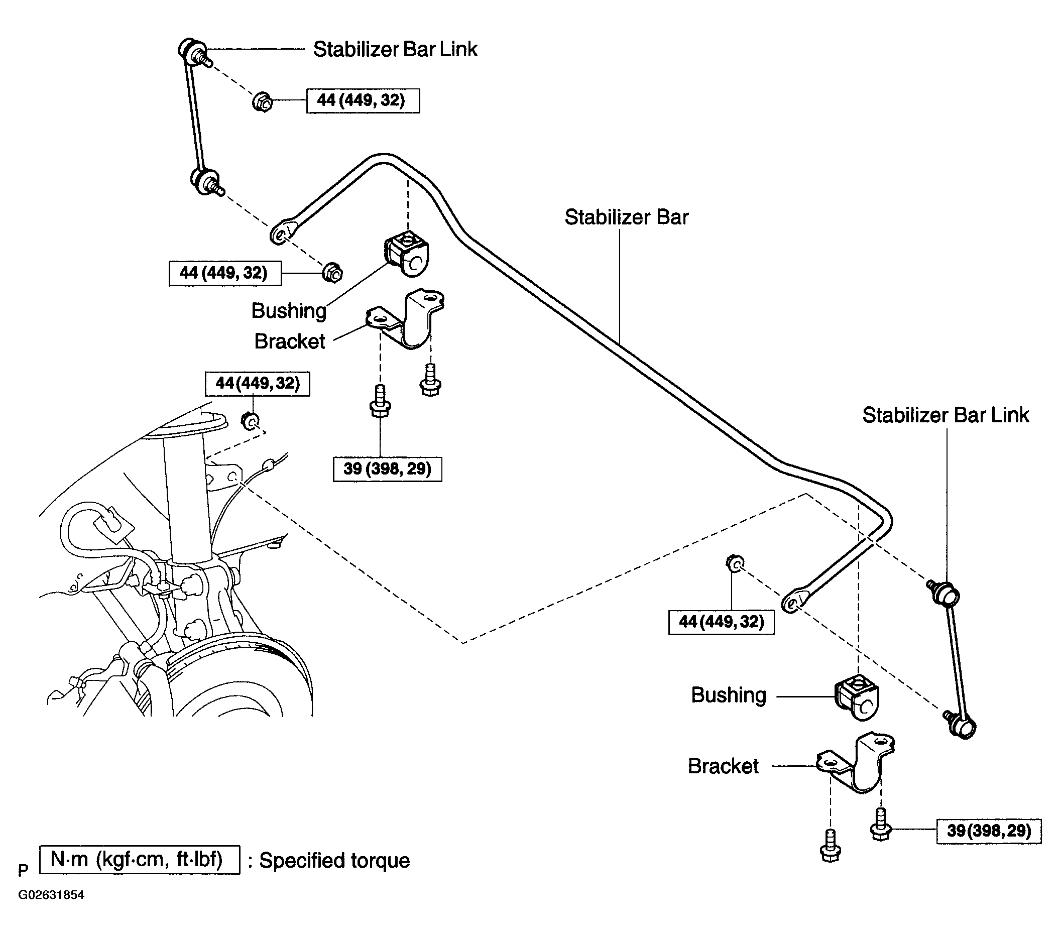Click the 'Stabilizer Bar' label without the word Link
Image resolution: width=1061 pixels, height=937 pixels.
click(x=626, y=217)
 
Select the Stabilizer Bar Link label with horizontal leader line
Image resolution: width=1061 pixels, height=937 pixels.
click(x=395, y=49)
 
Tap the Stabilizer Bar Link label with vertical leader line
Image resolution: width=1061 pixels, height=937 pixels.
click(x=945, y=415)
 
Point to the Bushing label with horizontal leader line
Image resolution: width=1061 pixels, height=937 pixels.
click(x=728, y=695)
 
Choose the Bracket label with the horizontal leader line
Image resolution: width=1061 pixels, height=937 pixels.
click(x=723, y=766)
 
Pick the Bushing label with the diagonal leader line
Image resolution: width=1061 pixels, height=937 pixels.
click(x=289, y=311)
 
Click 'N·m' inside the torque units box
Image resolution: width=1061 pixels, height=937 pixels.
click(x=69, y=860)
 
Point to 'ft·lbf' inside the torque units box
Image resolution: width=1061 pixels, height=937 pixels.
click(x=199, y=860)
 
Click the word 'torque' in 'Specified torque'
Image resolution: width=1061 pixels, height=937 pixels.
click(x=380, y=861)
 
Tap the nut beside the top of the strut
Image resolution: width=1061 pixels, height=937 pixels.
click(x=251, y=420)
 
